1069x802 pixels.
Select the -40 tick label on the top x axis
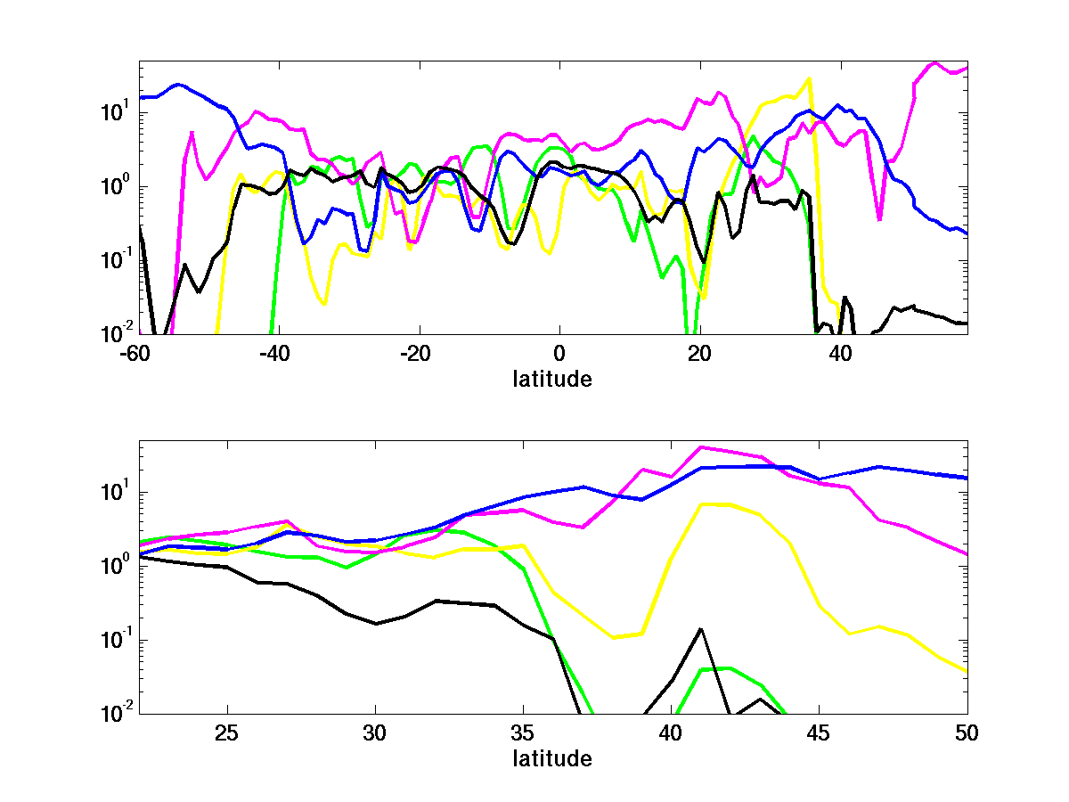278,353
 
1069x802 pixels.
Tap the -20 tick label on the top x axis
419,353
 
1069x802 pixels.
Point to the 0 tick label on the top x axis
559,353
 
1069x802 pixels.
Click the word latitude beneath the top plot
552,379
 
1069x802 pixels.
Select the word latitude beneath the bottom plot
552,759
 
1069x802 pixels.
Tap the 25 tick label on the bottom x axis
228,733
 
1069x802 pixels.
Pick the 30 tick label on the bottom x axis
376,733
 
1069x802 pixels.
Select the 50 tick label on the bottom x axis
967,733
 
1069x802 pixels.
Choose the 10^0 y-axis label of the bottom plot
116,566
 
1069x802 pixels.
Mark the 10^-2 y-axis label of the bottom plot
116,714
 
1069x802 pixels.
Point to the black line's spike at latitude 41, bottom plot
701,629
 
